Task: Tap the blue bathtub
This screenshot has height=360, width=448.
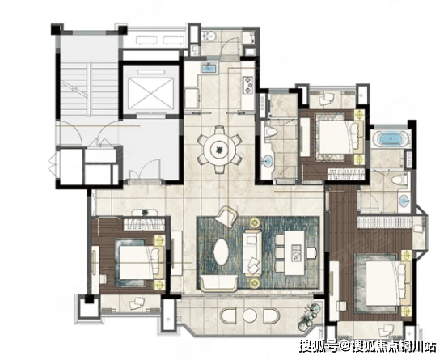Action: click(391, 138)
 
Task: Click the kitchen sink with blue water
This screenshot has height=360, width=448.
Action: click(209, 68)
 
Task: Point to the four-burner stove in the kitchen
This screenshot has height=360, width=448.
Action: click(247, 85)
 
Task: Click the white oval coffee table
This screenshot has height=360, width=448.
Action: click(221, 252)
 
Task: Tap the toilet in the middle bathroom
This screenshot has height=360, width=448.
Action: click(270, 133)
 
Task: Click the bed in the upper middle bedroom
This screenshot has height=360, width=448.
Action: click(338, 138)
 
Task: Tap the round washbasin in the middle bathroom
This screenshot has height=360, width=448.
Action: click(268, 161)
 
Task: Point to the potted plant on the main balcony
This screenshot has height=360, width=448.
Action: click(308, 317)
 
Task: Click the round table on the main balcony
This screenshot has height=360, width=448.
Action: click(250, 316)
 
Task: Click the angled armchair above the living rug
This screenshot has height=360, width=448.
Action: click(226, 217)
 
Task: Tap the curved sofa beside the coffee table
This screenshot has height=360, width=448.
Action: click(218, 283)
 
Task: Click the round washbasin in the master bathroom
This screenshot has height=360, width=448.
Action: click(404, 200)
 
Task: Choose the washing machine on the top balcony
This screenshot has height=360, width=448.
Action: click(209, 36)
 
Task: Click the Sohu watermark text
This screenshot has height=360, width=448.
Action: click(368, 346)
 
